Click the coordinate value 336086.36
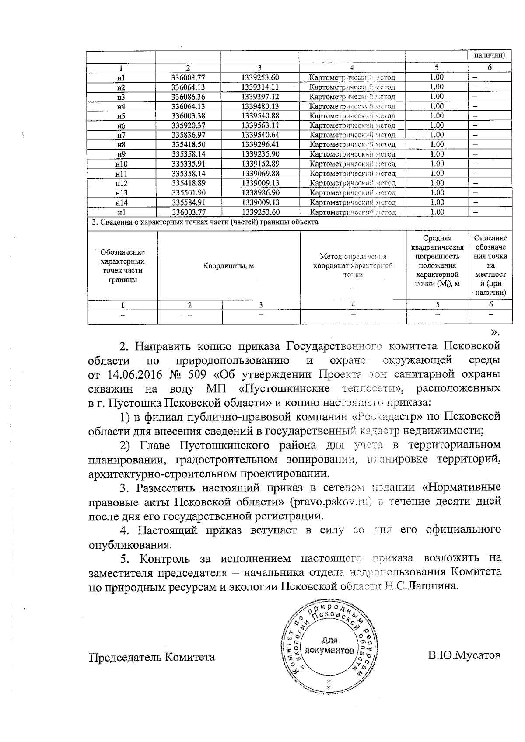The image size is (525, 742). coord(188,97)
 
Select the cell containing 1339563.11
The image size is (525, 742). coord(260,125)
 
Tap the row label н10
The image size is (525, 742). coord(122,164)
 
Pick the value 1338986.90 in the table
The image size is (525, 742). coord(260,193)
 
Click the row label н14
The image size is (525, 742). coord(122,202)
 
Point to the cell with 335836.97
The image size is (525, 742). coord(188,135)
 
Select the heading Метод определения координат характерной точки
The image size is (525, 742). coord(353,265)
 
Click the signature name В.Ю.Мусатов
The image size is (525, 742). coord(464,656)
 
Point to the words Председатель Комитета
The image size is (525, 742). coord(152,657)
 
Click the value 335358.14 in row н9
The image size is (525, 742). coord(188,154)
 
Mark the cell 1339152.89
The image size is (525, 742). coord(260,164)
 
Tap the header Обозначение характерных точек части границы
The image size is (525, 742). coord(122,265)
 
